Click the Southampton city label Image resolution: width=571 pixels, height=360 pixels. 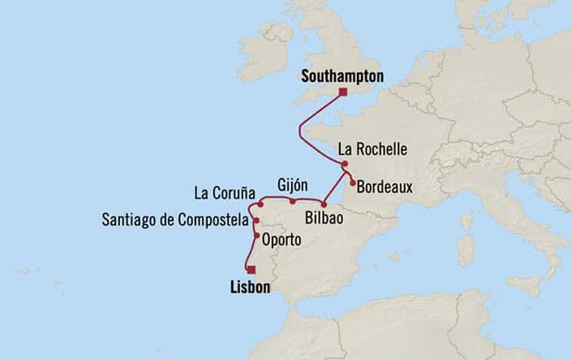[341, 78]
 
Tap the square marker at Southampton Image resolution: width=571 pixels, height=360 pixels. [342, 92]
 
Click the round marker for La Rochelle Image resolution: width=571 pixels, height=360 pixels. [345, 163]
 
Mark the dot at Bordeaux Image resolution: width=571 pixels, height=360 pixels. [352, 183]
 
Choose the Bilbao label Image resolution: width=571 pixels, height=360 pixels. [328, 218]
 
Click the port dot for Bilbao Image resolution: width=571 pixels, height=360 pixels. [323, 204]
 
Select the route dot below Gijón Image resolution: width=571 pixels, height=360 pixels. [291, 200]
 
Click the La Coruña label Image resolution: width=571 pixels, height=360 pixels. [225, 193]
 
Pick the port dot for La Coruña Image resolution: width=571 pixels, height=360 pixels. [260, 205]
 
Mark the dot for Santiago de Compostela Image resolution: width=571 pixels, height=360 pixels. [256, 220]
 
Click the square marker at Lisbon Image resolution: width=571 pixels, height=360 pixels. [251, 270]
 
